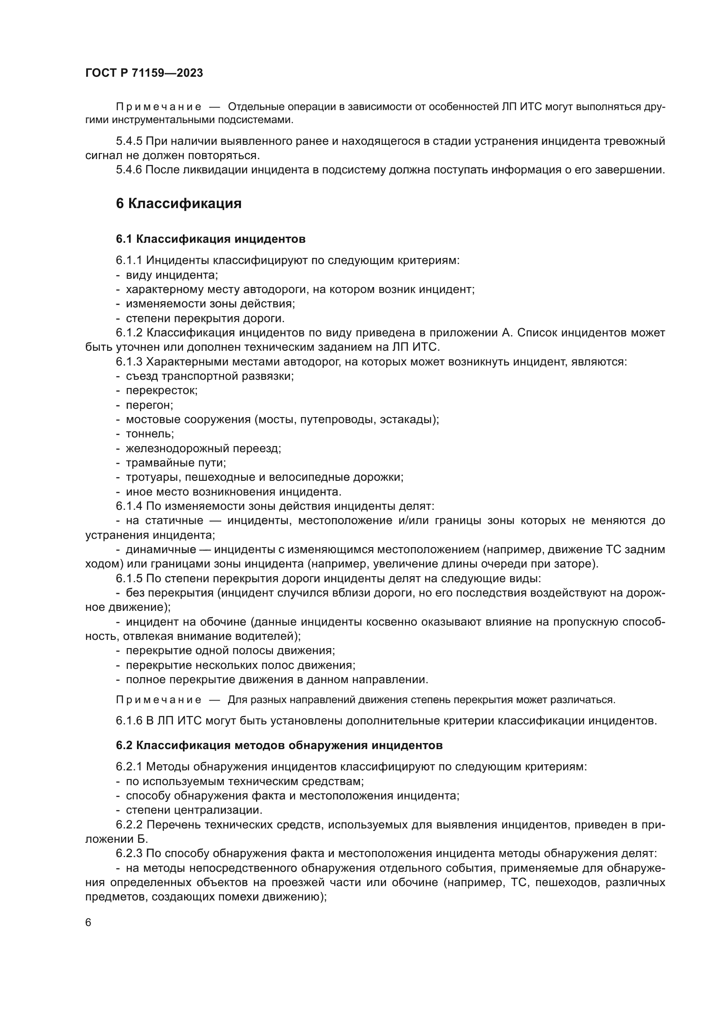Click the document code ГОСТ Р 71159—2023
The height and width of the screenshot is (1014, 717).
click(x=144, y=73)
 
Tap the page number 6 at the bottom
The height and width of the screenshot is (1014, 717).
click(x=88, y=923)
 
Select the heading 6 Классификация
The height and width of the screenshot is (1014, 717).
click(x=178, y=204)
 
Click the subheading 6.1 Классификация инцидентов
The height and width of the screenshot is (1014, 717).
click(x=211, y=239)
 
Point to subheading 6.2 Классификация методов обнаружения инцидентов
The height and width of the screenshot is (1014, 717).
click(x=279, y=746)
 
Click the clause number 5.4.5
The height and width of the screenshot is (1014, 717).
click(x=129, y=141)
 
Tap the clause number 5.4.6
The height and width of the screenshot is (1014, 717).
click(x=129, y=170)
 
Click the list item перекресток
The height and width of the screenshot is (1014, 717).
click(x=162, y=391)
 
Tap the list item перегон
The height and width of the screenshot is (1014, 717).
click(x=149, y=405)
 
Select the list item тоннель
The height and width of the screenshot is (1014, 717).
click(x=150, y=434)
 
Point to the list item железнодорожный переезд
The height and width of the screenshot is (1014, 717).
click(x=203, y=448)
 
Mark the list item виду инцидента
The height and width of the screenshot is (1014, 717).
click(x=172, y=275)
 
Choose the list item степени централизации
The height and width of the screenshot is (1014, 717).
click(x=194, y=810)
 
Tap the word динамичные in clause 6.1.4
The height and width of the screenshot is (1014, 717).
click(x=161, y=549)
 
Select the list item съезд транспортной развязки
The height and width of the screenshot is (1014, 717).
click(x=210, y=376)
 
